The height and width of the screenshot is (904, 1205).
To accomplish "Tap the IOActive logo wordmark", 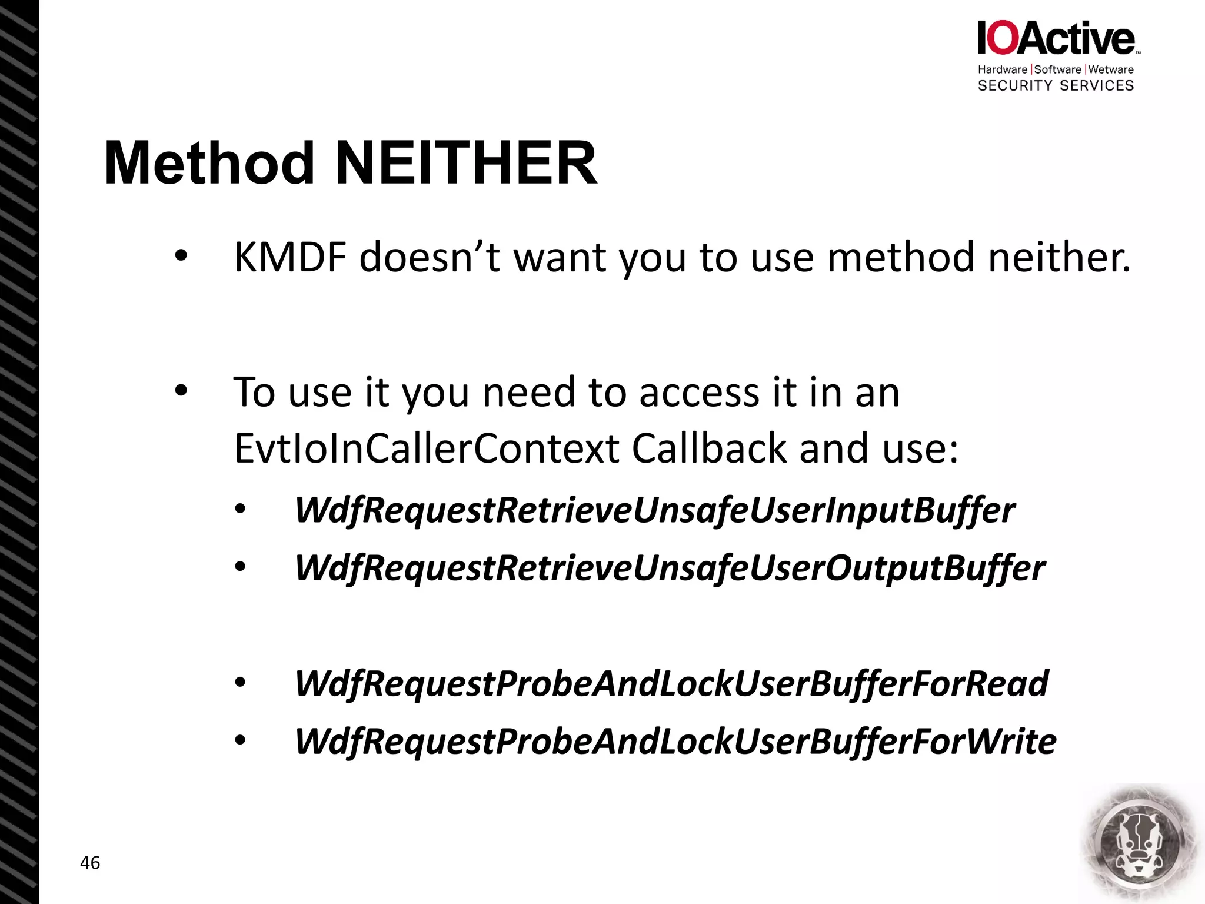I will pyautogui.click(x=1056, y=38).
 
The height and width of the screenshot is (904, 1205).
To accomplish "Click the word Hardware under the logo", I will pyautogui.click(x=1002, y=69).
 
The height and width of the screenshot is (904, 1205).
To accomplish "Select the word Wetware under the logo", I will pyautogui.click(x=1111, y=69).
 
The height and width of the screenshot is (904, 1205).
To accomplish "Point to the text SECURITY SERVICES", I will pyautogui.click(x=1056, y=86).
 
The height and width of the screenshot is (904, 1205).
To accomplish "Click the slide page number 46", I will pyautogui.click(x=90, y=863).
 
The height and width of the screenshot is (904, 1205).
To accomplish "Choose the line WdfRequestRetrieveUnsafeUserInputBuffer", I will pyautogui.click(x=654, y=510).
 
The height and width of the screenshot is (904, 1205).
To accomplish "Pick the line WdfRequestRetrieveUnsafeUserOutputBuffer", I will pyautogui.click(x=670, y=568).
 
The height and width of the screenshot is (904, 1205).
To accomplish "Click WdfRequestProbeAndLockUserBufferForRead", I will pyautogui.click(x=671, y=683).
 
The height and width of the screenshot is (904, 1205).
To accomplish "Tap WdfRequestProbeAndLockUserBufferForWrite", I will pyautogui.click(x=675, y=741).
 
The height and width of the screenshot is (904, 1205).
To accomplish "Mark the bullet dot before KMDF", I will pyautogui.click(x=181, y=256).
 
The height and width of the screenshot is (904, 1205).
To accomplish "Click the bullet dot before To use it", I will pyautogui.click(x=181, y=390).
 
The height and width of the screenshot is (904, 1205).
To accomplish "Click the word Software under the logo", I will pyautogui.click(x=1057, y=69).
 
